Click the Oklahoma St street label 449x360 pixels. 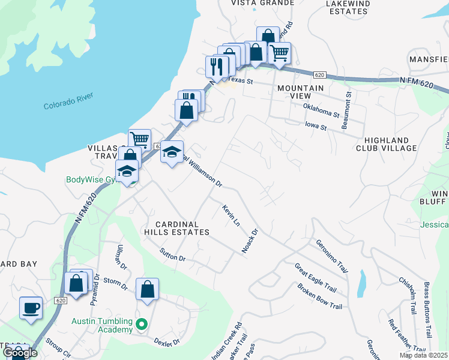[x=321, y=110]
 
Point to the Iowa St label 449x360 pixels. [x=315, y=127]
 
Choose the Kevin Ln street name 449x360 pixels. [x=231, y=215]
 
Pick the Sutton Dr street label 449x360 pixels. [x=173, y=254]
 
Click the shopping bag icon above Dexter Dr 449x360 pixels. [x=147, y=290]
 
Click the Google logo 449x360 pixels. [x=20, y=352]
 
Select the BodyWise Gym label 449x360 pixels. [x=91, y=179]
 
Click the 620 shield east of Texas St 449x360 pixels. [x=319, y=74]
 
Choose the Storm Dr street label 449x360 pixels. [x=116, y=283]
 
